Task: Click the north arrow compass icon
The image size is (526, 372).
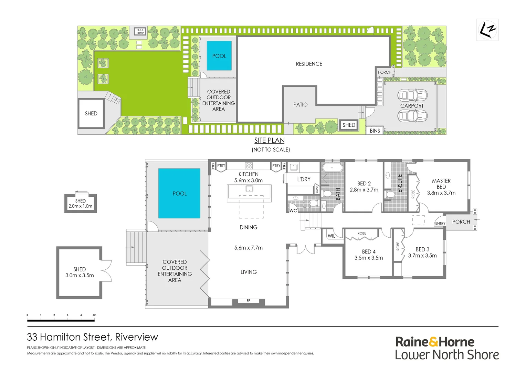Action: pos(487,30)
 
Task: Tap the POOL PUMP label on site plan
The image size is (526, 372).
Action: pos(140,32)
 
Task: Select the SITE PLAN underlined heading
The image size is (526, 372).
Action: pos(269,141)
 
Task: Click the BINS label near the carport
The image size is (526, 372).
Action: pos(375,131)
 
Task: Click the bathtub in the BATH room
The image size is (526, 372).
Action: pos(332,168)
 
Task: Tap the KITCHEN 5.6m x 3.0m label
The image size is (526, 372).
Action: pos(248,177)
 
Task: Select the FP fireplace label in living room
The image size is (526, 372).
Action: pos(249,301)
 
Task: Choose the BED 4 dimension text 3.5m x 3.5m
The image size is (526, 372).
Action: pos(369,258)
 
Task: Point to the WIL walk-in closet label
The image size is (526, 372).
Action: pos(332,236)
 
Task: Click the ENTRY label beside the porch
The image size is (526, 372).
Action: pos(440,224)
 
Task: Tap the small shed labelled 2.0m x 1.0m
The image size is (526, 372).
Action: pos(81,204)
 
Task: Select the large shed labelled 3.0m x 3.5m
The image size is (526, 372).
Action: pos(80,272)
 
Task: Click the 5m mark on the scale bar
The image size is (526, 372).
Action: pos(94,315)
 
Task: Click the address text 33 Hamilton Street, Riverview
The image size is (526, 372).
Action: pos(92,337)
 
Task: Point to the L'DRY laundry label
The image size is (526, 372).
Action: pos(304,179)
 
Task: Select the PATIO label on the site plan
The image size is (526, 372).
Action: pos(300,105)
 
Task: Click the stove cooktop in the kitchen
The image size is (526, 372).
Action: pos(249,166)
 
